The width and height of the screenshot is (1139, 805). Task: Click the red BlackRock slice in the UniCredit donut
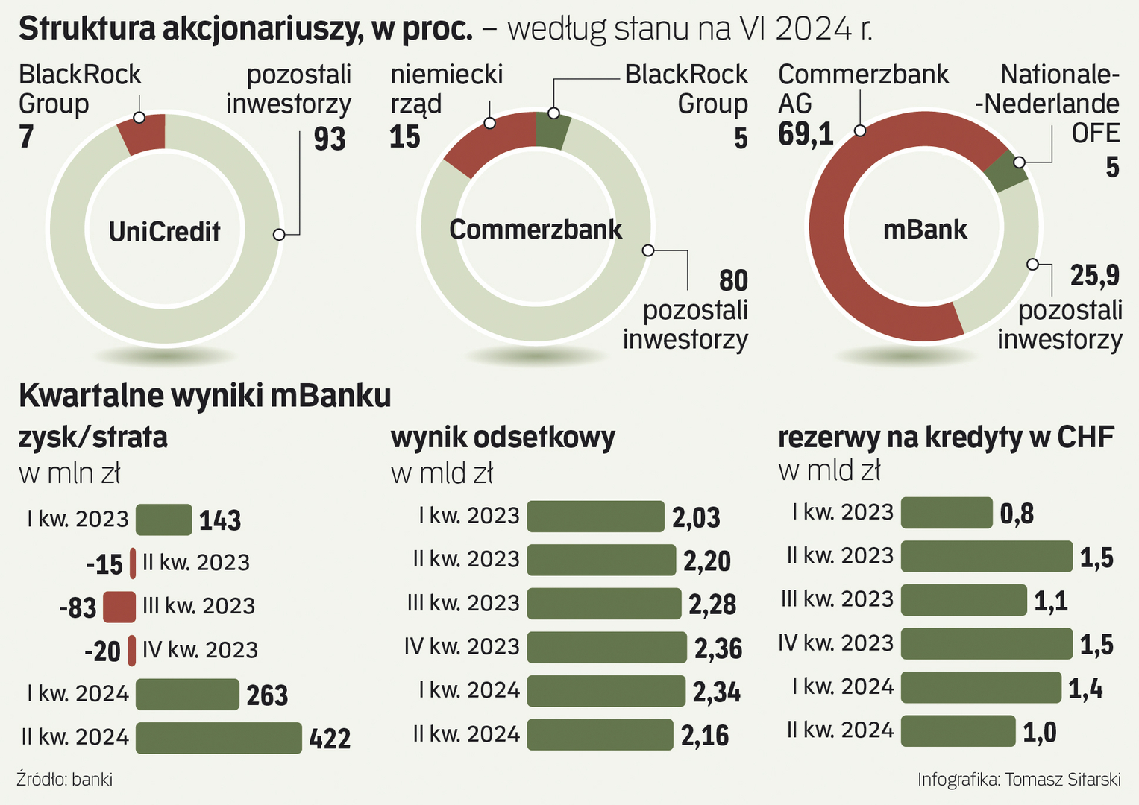coord(144,133)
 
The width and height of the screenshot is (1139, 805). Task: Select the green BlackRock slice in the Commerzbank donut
coord(553,130)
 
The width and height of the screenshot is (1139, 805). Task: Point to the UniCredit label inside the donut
coord(164,231)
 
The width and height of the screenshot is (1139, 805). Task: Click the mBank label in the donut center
coord(925,229)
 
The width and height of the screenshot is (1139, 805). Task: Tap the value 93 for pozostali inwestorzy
coord(330,139)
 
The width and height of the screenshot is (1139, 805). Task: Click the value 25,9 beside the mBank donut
coord(1094,276)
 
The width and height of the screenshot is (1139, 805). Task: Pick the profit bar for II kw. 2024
coord(219,738)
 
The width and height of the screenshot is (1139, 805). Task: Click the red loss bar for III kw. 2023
coord(119,607)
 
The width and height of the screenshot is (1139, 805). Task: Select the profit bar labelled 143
coord(163,520)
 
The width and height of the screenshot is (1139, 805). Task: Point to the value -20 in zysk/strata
coord(103,652)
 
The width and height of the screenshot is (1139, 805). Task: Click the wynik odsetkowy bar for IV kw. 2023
coord(606,647)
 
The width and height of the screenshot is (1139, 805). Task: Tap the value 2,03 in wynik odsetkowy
coord(696,517)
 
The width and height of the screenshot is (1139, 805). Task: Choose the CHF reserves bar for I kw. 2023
coord(947,513)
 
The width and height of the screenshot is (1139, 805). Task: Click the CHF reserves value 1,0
coord(1039,733)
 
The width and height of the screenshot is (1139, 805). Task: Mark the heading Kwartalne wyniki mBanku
coord(205,396)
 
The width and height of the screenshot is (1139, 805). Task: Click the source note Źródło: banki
coord(65,780)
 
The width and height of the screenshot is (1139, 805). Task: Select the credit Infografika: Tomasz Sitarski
coord(1019,780)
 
